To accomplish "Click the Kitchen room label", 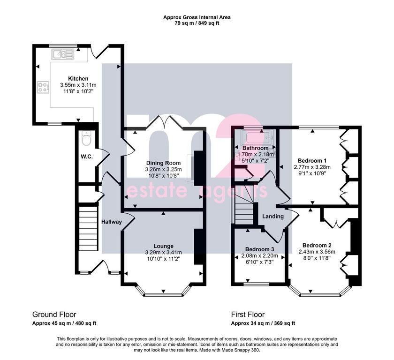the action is [78, 79].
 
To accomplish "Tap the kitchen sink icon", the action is [63, 54].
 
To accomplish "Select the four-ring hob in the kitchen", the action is [43, 87].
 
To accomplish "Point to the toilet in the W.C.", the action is [86, 138].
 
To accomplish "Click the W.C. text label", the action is [87, 157].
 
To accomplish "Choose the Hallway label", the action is [112, 222].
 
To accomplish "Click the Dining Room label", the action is [163, 163].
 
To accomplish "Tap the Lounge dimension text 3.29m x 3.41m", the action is [163, 252].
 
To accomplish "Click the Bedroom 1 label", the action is [312, 161].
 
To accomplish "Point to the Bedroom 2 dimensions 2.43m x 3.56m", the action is [317, 252].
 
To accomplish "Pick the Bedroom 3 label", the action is [259, 249].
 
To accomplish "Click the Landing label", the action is [273, 216].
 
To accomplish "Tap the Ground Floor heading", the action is [54, 315].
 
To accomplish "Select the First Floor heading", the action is [248, 315].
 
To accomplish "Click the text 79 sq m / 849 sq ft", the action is [197, 23].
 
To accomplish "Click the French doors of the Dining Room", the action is [164, 122].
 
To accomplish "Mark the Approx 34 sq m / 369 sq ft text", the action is [263, 323].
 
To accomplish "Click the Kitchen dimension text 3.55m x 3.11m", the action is [78, 85].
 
